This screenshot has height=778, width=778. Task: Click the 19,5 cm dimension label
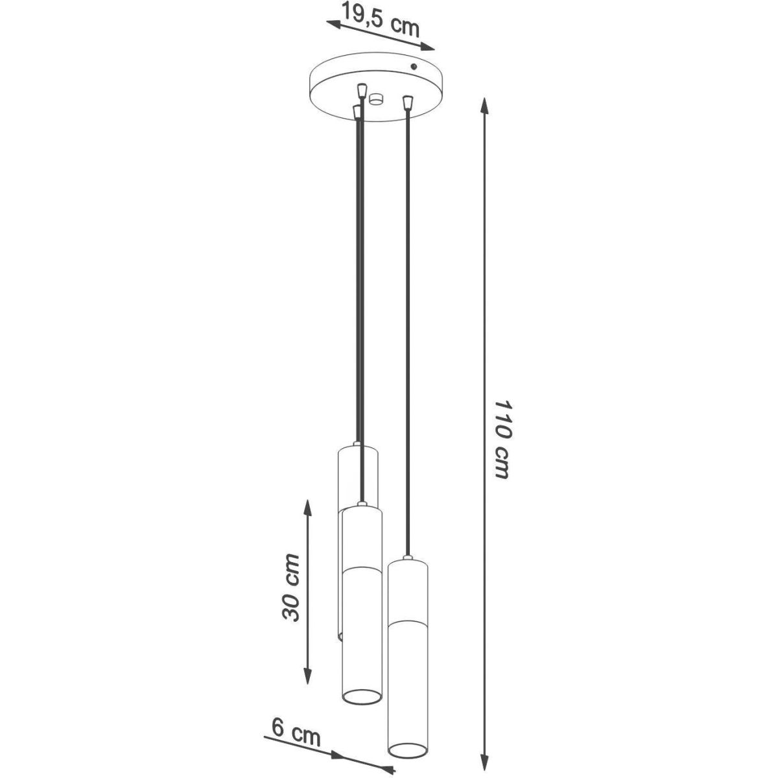point(381,19)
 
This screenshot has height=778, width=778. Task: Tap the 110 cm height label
point(502,440)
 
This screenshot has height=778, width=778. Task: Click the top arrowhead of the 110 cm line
point(485,106)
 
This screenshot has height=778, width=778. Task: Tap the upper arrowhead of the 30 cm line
point(308,510)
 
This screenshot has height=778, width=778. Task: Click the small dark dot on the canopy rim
point(413,67)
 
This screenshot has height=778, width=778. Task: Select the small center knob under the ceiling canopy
point(376,99)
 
